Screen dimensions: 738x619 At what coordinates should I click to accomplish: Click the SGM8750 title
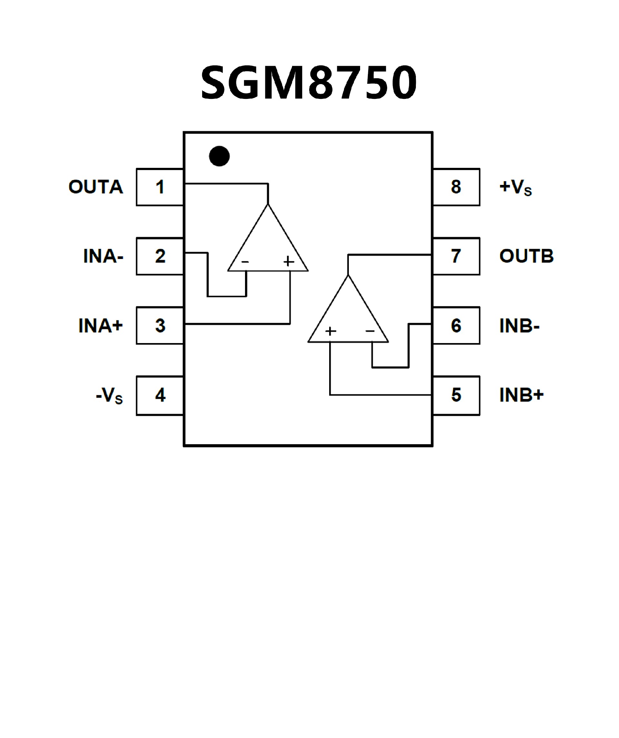coord(309,82)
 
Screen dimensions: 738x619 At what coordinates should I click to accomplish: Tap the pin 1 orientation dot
coord(219,156)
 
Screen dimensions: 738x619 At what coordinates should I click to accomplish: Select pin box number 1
coord(160,187)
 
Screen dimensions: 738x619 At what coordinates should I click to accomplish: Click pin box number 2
coord(160,256)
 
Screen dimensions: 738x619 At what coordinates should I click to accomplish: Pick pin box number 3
coord(160,325)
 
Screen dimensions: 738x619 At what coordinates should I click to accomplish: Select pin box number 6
coord(456,325)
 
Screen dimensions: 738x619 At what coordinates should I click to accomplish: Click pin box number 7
coord(456,256)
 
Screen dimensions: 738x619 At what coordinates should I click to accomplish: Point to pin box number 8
coord(456,187)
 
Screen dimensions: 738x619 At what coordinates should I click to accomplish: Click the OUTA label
coord(96,187)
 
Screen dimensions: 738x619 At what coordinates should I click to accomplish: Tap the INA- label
coord(103,256)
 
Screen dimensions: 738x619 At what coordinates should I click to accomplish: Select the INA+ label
coord(101,325)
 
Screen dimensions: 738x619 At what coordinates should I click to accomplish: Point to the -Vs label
coord(109,396)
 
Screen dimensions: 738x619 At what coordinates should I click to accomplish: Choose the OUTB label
coord(526,256)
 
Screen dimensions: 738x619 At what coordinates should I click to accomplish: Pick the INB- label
coord(519,326)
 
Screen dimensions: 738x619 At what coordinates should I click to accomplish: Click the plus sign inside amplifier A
coord(289,262)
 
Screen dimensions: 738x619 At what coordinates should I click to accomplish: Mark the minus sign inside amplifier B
coord(370,331)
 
